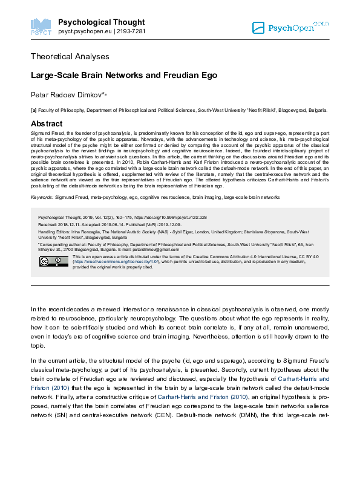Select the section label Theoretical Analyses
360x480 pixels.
point(70,56)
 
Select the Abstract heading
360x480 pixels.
point(47,123)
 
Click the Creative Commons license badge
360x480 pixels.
point(54,261)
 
